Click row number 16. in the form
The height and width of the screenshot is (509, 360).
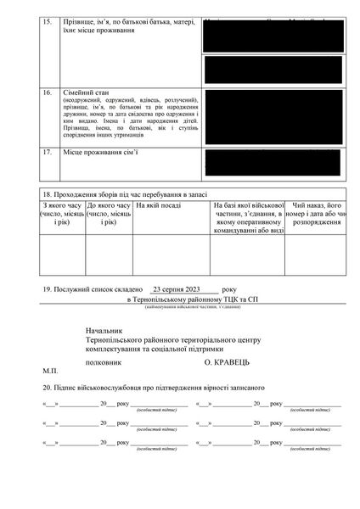click(x=47, y=90)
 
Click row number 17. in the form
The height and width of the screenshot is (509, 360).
click(x=47, y=152)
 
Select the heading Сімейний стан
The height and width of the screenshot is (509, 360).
click(x=86, y=90)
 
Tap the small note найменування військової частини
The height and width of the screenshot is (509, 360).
click(x=194, y=306)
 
